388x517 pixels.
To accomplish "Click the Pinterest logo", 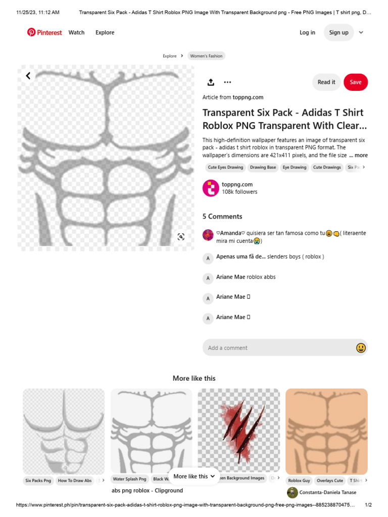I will pyautogui.click(x=44, y=32).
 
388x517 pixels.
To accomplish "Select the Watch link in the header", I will pyautogui.click(x=77, y=32).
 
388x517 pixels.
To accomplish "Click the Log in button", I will pyautogui.click(x=307, y=32).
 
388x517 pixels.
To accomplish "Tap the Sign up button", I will pyautogui.click(x=338, y=32).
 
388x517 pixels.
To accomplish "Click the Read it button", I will pyautogui.click(x=326, y=82).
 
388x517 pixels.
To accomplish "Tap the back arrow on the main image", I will pyautogui.click(x=28, y=76).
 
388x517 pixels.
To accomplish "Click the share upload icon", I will pyautogui.click(x=211, y=82).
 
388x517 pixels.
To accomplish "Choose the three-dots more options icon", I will pyautogui.click(x=227, y=82).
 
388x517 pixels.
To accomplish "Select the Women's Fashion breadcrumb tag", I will pyautogui.click(x=206, y=56).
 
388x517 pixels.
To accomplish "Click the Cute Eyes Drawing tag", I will pyautogui.click(x=225, y=167).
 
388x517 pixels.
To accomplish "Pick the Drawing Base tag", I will pyautogui.click(x=263, y=167).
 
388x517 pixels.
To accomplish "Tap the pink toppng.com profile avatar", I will pyautogui.click(x=211, y=188).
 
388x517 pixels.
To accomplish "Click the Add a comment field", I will pyautogui.click(x=278, y=348).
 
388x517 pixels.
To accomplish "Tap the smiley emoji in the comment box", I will pyautogui.click(x=361, y=348).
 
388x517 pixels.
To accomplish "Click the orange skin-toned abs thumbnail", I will pyautogui.click(x=326, y=430).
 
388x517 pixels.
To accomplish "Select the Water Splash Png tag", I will pyautogui.click(x=129, y=479).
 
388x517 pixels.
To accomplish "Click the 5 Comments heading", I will pyautogui.click(x=222, y=216).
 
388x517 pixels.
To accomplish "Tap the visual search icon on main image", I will pyautogui.click(x=181, y=237).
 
